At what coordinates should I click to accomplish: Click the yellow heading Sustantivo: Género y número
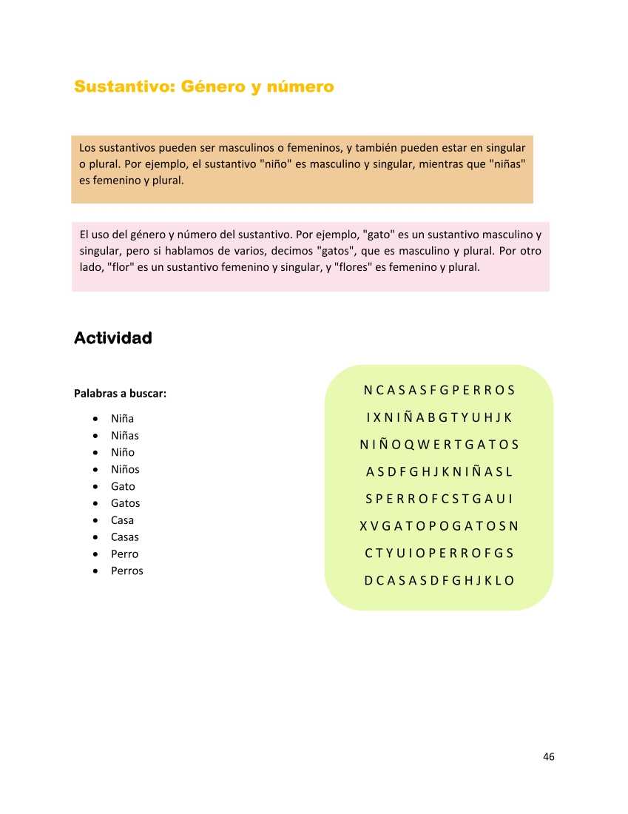click(203, 87)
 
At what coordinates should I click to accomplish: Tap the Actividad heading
click(113, 338)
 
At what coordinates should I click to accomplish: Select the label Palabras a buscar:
click(120, 394)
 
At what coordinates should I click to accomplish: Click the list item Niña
click(122, 419)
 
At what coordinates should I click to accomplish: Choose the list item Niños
click(125, 469)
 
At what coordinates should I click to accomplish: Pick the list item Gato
click(123, 486)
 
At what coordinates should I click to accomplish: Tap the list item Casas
click(124, 537)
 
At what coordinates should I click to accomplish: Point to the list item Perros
click(126, 571)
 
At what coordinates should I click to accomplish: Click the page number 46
click(548, 756)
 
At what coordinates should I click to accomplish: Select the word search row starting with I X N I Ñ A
click(439, 417)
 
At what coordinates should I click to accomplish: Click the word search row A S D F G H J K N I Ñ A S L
click(439, 471)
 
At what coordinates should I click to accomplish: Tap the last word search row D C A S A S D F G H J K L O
click(439, 580)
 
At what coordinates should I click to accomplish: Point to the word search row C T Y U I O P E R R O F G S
click(439, 553)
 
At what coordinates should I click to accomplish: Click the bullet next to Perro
click(97, 554)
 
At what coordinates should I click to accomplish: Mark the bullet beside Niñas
click(97, 436)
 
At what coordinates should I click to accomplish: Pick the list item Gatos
click(125, 503)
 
